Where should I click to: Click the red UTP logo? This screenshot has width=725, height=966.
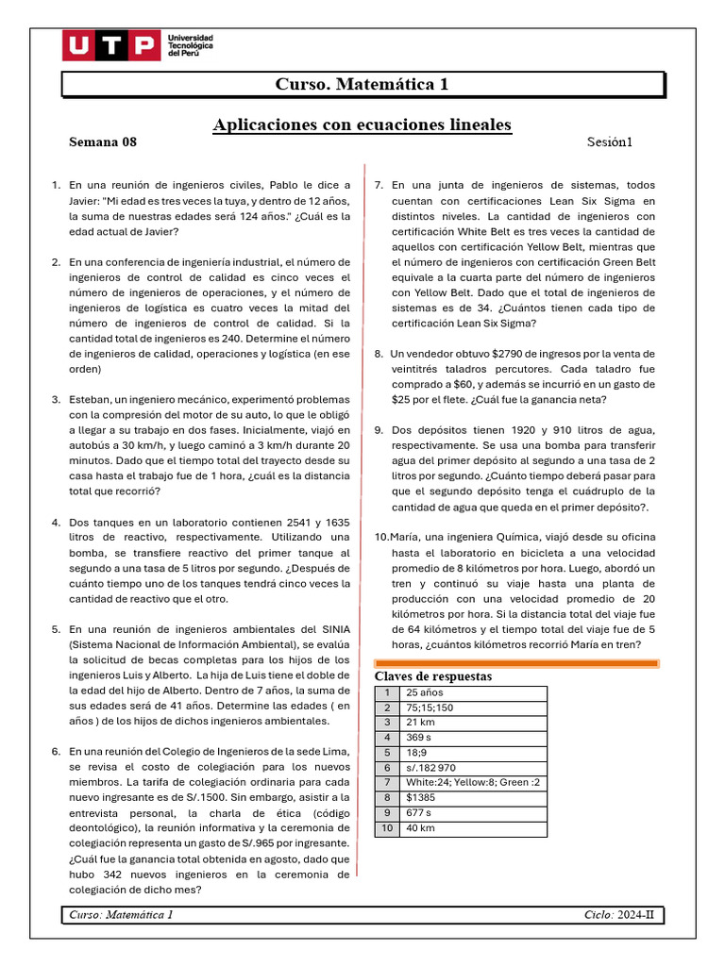(110, 45)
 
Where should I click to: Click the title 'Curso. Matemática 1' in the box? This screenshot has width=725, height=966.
(362, 85)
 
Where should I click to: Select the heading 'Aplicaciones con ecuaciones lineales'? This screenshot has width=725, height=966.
(362, 125)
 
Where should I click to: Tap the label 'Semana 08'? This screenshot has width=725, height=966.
(103, 142)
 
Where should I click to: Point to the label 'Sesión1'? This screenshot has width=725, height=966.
(609, 142)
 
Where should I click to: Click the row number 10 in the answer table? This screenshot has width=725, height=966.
(386, 827)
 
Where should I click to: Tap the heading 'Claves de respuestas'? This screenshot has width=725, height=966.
(432, 676)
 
